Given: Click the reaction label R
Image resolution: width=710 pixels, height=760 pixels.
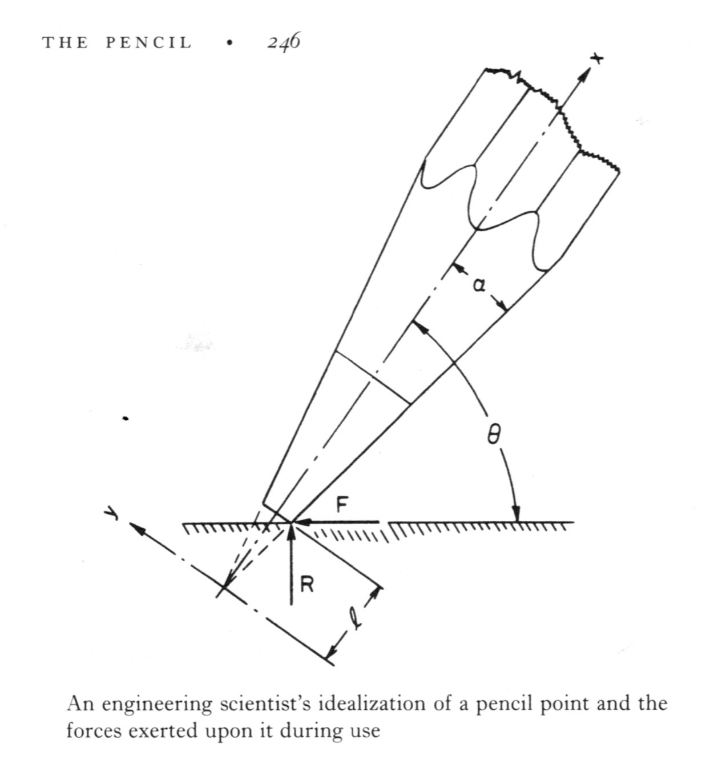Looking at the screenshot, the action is (x=306, y=585).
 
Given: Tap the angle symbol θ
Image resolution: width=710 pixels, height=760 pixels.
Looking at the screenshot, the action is (x=494, y=437).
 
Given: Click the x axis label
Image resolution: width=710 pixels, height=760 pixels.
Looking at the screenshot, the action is (x=596, y=59).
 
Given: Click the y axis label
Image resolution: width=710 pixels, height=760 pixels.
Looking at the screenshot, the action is (x=110, y=514).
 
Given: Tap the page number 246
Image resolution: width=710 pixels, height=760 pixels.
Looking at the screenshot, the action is (x=284, y=42).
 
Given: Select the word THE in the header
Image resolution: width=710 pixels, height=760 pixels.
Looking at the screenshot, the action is (x=64, y=43).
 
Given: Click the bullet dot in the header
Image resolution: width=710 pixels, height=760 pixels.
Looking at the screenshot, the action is (x=229, y=43).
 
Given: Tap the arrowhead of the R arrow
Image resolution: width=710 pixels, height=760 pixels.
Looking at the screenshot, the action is (x=291, y=530).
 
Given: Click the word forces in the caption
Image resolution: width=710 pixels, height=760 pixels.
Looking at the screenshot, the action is (x=93, y=730).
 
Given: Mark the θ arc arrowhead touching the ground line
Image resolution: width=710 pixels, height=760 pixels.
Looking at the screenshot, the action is (x=517, y=514).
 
